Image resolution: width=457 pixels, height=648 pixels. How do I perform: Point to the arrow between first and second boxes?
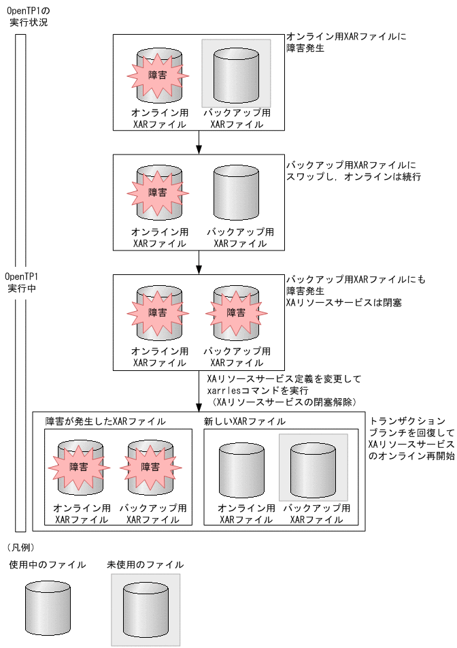point(199,142)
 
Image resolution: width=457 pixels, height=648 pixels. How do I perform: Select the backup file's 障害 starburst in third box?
point(236,312)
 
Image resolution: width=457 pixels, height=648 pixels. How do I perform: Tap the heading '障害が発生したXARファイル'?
point(105,421)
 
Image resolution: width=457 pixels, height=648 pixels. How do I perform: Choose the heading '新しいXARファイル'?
point(244,421)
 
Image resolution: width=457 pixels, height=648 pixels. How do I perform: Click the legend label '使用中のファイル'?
point(48,564)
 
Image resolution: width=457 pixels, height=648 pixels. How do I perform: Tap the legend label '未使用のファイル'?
point(145,564)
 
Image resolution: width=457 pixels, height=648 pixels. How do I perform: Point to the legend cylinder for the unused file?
point(146,610)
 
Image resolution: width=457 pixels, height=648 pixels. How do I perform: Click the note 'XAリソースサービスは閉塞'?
point(343,302)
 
